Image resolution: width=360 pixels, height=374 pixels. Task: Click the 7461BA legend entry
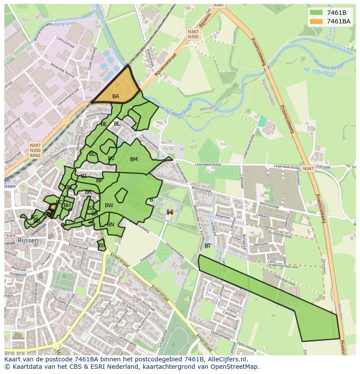pos(338,21)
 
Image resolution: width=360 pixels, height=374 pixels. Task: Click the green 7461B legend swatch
pos(317,13)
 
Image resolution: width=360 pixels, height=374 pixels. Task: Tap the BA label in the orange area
pos(116,96)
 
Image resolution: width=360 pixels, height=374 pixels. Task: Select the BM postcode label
pos(134,159)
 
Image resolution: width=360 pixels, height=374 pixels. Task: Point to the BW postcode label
pos(109,205)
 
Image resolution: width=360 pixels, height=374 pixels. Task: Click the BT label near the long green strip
pos(208,246)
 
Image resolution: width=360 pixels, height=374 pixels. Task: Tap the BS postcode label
pos(102,245)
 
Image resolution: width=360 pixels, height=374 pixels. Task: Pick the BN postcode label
pos(111,225)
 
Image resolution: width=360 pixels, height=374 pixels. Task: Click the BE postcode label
pos(104,124)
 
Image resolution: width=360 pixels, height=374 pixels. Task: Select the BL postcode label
pos(117,124)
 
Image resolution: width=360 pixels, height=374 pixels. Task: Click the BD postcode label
pos(93,154)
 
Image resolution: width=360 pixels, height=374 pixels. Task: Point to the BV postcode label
pos(111,159)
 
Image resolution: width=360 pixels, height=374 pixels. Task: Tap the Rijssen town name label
pos(28,240)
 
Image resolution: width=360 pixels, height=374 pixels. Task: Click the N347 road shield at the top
pos(219,5)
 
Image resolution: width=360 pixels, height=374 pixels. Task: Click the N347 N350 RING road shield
pos(35,150)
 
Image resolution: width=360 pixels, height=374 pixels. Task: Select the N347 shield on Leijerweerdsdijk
pos(308,169)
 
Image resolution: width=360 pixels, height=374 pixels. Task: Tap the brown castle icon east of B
pos(170,212)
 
